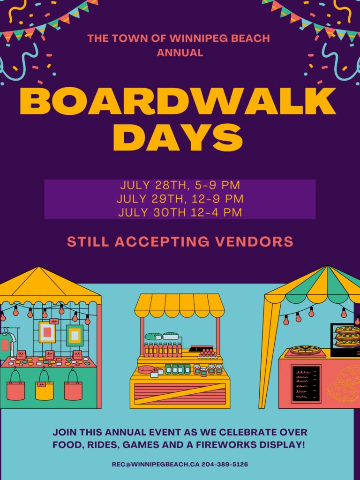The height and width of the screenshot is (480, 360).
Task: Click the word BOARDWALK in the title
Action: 178,101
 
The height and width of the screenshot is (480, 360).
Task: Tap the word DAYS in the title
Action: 178,137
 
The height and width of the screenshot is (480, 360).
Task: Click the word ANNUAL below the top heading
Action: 180,52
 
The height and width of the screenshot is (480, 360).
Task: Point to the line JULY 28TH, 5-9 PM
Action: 180,185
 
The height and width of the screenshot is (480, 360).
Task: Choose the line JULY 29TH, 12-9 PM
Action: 180,199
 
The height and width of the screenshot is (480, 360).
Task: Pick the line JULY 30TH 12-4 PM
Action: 180,212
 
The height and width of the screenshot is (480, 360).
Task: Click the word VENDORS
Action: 254,241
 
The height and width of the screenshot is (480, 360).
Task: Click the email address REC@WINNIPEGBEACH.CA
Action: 156,465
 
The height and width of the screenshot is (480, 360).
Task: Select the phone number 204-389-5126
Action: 225,465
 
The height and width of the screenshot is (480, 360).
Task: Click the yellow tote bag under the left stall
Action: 45,389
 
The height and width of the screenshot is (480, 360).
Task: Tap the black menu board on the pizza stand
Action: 306,383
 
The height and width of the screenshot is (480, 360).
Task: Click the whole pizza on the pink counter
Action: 304,349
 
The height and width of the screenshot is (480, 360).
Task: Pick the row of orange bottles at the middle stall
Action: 163,350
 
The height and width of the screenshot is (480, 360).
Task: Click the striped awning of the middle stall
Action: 180,307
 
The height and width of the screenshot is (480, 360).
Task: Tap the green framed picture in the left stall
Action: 75,335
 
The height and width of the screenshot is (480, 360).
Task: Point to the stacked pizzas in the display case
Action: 347,337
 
